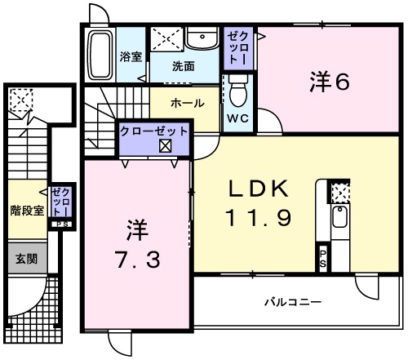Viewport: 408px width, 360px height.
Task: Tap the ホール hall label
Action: [x=186, y=104]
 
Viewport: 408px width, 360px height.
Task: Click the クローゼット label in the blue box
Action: [x=154, y=131]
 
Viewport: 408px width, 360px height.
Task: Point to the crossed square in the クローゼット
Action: [x=165, y=147]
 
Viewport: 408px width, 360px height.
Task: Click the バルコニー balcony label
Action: [x=292, y=302]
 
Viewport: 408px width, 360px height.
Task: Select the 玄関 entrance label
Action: [x=26, y=259]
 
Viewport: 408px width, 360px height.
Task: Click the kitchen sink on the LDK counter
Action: [x=339, y=220]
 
